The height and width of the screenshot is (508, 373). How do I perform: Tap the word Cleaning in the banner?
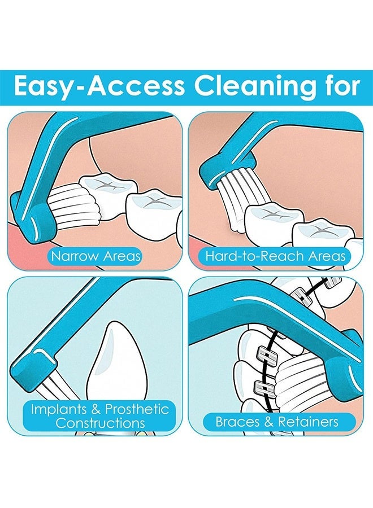(255, 86)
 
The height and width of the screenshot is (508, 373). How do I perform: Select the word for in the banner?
(341, 86)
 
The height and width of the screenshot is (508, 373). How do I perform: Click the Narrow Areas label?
(96, 256)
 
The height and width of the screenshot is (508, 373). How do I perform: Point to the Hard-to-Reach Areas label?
(276, 256)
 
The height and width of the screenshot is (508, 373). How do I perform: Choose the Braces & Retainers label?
(277, 422)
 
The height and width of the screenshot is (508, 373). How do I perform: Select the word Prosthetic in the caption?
(137, 409)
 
